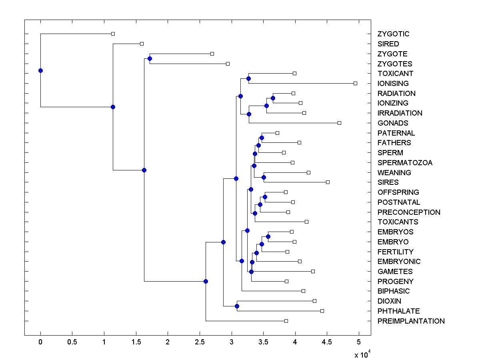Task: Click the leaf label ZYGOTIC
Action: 393,34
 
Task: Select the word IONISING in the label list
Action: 393,84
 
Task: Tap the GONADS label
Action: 393,123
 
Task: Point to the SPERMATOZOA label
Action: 405,163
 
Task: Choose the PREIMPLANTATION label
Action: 411,321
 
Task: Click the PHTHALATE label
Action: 398,311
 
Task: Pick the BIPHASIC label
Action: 394,291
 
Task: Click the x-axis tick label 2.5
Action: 200,342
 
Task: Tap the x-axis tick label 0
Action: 40,342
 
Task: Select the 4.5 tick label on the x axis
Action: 327,342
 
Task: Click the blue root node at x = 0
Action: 40,70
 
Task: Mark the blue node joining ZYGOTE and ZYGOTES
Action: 150,59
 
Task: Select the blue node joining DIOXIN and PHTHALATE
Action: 237,306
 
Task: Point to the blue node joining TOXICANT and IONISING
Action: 248,78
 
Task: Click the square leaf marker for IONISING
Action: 355,83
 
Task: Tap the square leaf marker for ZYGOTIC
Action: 113,34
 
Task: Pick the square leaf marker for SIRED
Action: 142,44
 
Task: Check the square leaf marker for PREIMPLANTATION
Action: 286,321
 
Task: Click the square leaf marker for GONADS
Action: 339,123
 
